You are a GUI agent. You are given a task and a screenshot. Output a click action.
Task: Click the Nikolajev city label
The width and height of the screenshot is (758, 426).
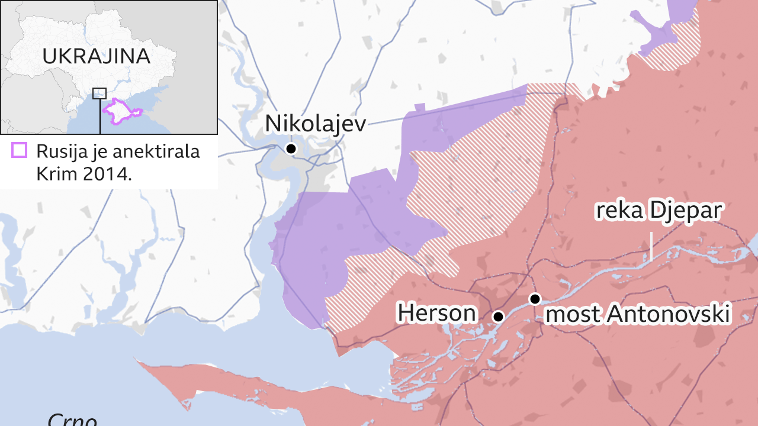coord(315,124)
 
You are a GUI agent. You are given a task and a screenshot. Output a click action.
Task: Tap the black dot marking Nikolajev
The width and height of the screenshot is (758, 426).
coord(291,149)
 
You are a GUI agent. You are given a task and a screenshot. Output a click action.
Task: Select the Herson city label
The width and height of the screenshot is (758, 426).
coord(436,313)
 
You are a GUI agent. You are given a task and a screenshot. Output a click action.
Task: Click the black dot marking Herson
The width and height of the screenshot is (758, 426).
coord(498,317)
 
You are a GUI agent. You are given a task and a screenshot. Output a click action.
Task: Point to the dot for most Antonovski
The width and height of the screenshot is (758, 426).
coord(535,299)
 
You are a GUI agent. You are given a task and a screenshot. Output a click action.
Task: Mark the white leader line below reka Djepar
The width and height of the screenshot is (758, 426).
coord(651,247)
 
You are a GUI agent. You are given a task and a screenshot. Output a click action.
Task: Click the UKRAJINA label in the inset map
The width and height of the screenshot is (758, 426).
coord(97,56)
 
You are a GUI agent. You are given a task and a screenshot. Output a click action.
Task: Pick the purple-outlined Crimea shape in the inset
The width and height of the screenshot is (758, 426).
coord(121,112)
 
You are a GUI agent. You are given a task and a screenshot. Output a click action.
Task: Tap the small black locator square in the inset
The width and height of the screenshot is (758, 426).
coord(99,93)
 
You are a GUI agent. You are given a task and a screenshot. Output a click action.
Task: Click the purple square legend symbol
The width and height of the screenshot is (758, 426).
coord(20,151)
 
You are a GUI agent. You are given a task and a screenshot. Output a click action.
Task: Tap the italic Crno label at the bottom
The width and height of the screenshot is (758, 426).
coord(72,419)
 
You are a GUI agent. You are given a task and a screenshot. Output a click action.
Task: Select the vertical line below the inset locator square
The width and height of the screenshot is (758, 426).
coord(99,116)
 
